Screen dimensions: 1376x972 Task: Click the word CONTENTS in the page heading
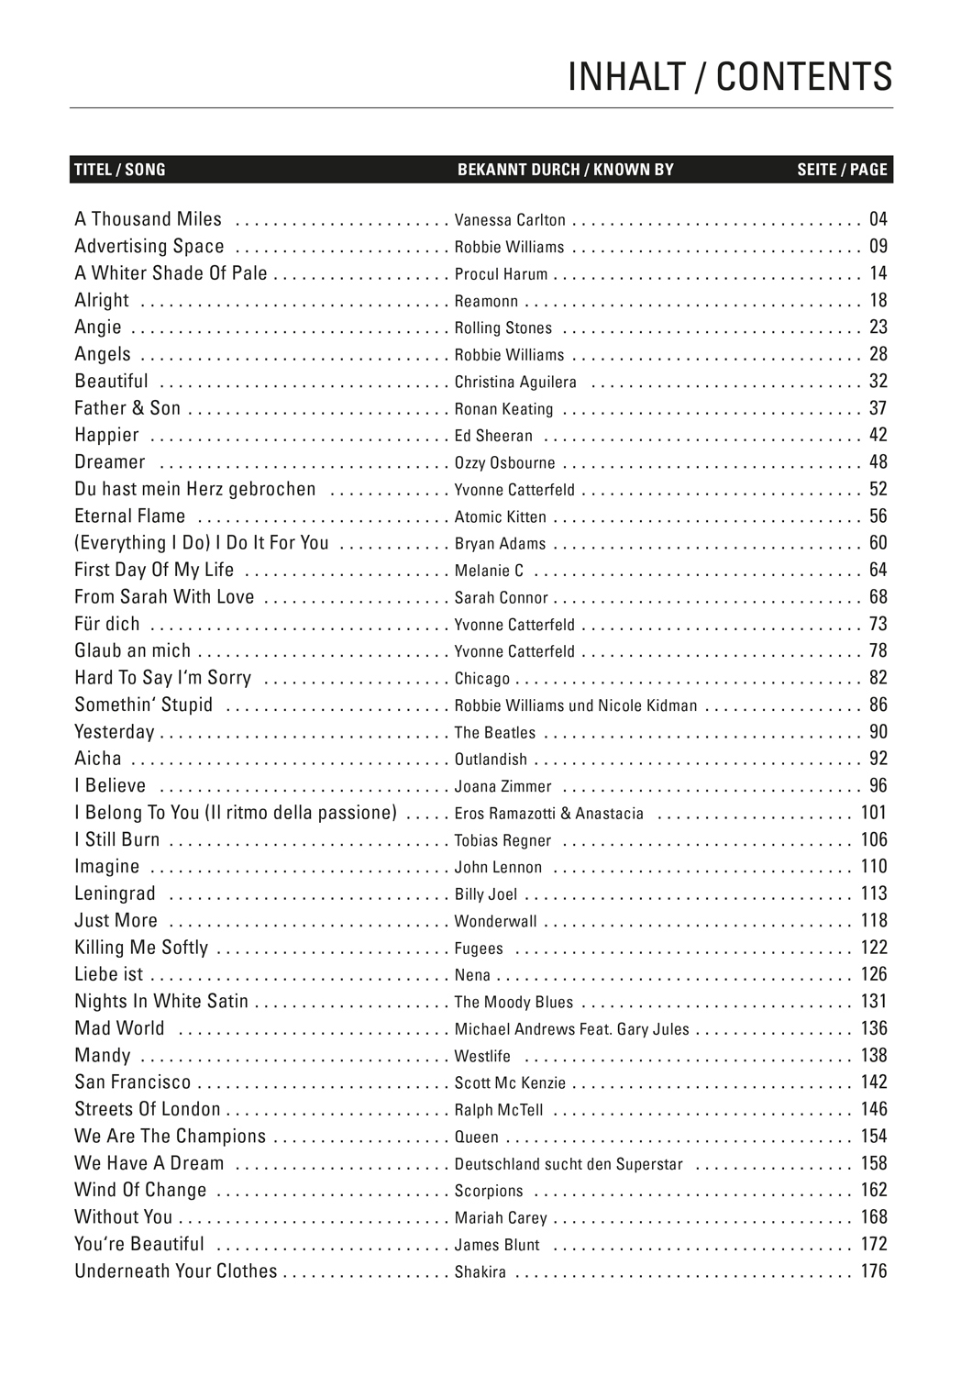point(803,78)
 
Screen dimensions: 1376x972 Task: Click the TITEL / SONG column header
point(120,170)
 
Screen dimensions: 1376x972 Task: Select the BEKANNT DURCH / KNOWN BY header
point(565,170)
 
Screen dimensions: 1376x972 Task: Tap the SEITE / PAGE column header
point(842,170)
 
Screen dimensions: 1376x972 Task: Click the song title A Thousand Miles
point(148,219)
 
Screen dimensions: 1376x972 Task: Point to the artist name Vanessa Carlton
point(510,220)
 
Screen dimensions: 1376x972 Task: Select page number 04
point(878,219)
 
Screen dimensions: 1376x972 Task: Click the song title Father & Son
point(127,408)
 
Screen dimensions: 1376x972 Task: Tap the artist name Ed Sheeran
point(493,436)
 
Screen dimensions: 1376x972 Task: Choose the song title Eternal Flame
point(129,516)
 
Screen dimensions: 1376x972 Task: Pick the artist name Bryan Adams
point(500,544)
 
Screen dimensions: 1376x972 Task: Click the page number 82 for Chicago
point(878,678)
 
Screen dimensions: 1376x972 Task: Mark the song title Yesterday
point(115,732)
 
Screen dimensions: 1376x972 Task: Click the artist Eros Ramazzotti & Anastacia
point(549,814)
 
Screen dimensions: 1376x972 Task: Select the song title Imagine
point(107,867)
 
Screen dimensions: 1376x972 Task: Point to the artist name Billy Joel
point(486,894)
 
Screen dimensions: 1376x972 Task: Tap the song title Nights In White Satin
point(161,1002)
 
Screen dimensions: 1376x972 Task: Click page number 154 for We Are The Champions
point(874,1137)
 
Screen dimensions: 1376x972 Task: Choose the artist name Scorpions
point(489,1191)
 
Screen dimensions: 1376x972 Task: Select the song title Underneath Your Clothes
point(175,1271)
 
